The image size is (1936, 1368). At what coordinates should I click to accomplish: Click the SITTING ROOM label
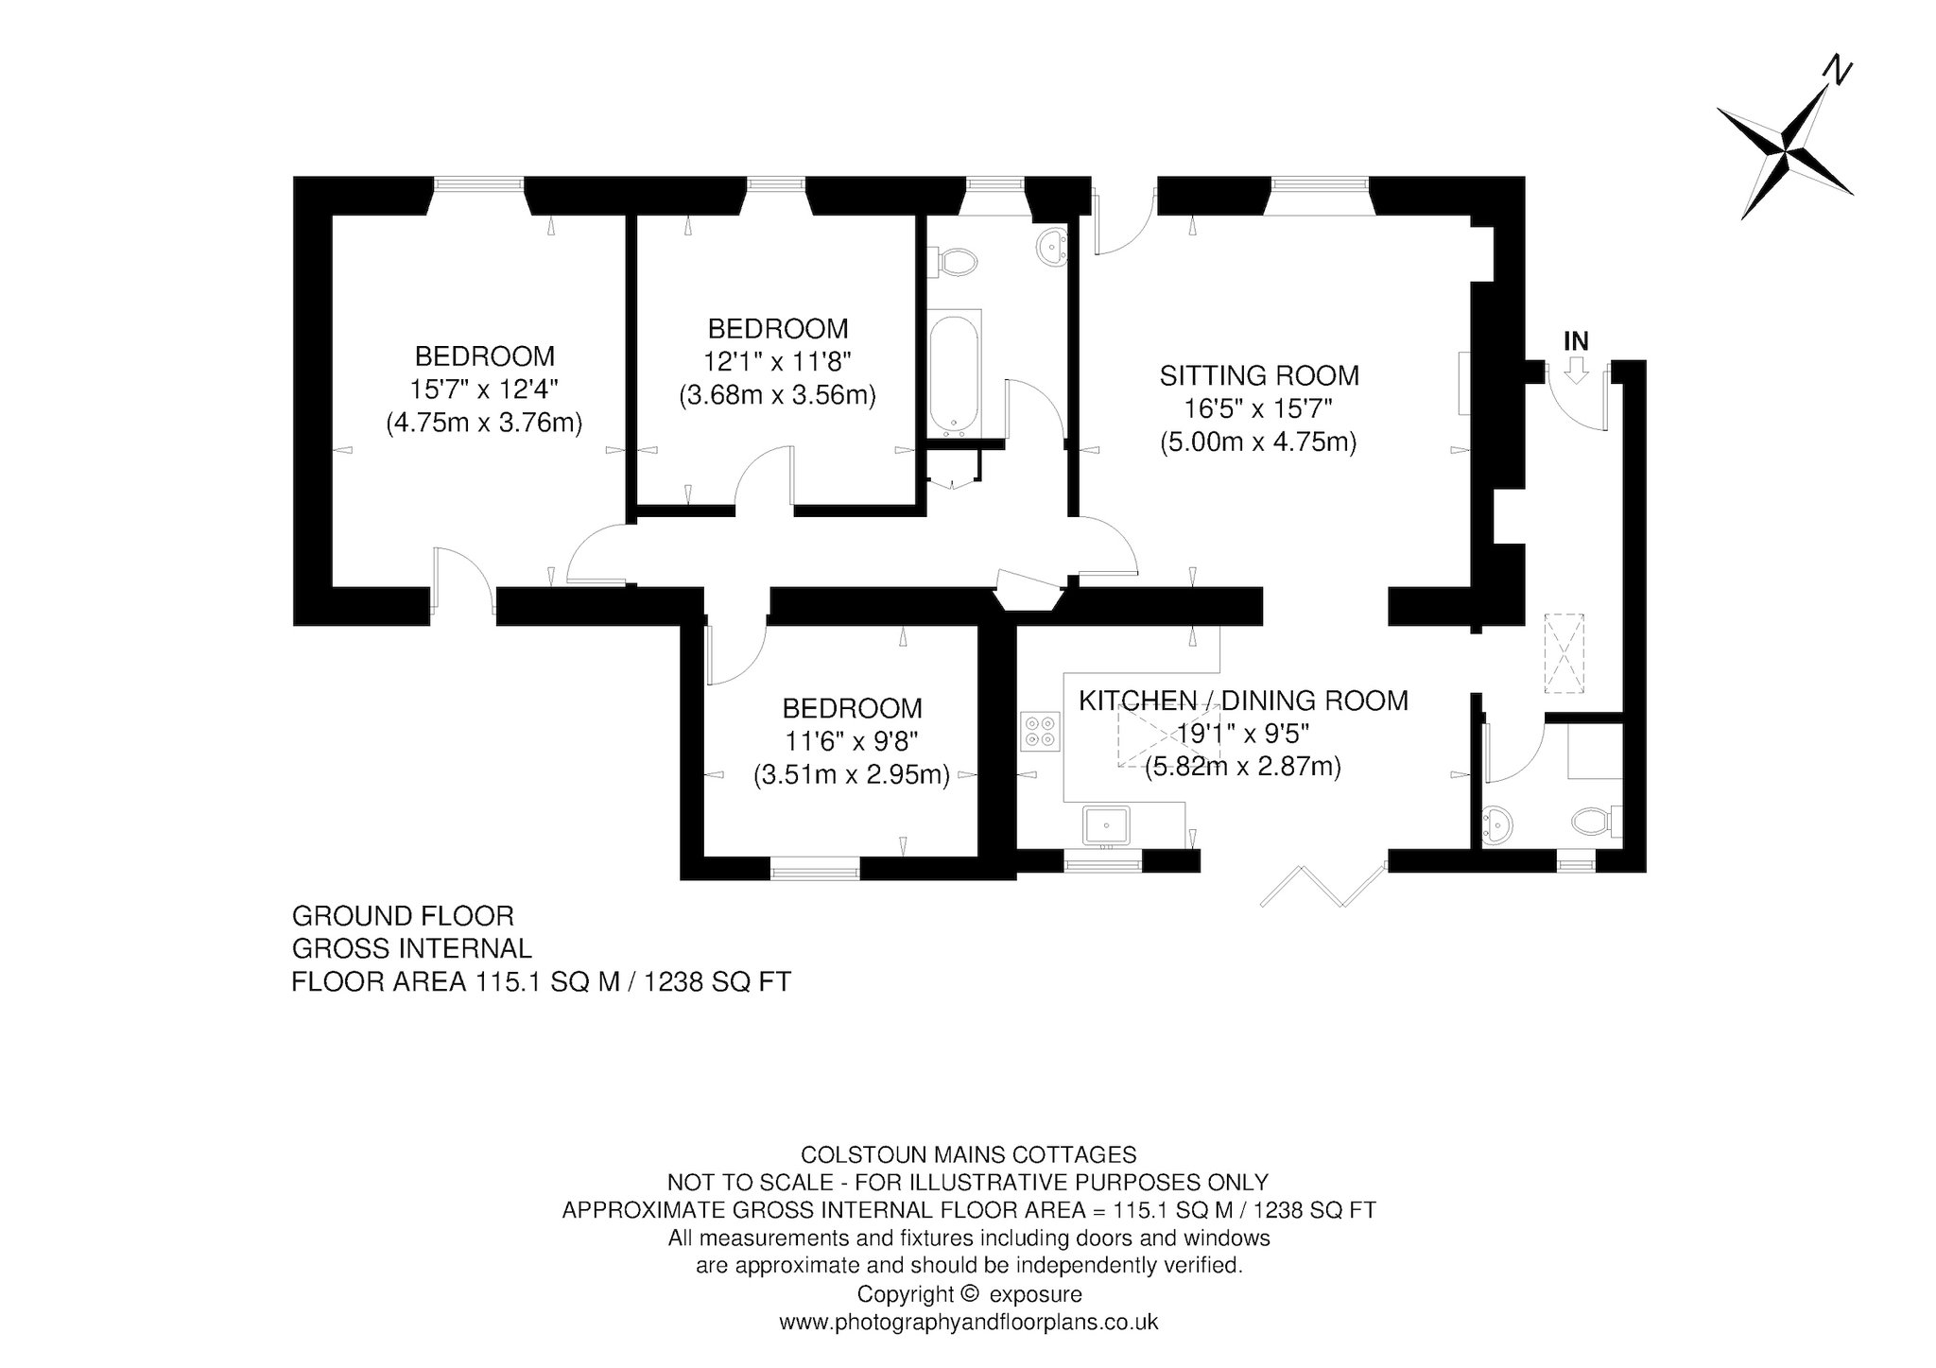click(x=1259, y=375)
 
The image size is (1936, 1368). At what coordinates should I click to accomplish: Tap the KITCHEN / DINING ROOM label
click(x=1243, y=701)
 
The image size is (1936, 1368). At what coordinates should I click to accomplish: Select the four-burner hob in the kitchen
click(x=1042, y=732)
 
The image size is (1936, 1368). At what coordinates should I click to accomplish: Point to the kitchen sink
click(x=1105, y=824)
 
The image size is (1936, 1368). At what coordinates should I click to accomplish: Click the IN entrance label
click(x=1576, y=341)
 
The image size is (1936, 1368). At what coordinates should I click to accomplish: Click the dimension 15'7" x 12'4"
click(x=484, y=390)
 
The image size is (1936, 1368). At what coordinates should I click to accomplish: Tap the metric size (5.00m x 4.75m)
click(x=1259, y=442)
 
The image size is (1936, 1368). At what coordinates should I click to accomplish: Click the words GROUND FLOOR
click(x=403, y=916)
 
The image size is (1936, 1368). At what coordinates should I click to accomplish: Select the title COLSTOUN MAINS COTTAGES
click(x=968, y=1154)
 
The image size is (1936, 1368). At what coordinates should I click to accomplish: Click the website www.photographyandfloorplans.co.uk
click(x=968, y=1322)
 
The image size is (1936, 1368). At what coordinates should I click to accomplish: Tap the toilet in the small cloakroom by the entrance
click(x=1597, y=821)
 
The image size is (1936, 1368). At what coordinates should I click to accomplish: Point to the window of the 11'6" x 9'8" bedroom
click(x=815, y=869)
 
